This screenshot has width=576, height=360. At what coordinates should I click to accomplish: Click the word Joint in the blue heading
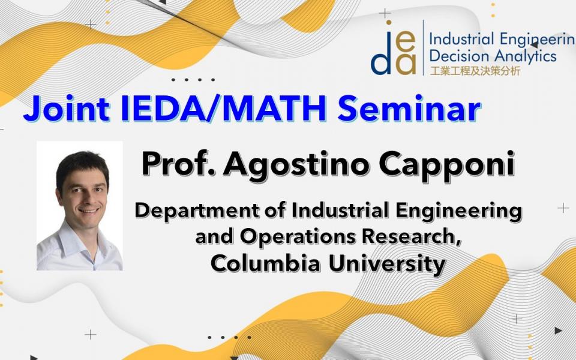[67, 109]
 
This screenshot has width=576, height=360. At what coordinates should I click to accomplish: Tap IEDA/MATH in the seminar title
[223, 109]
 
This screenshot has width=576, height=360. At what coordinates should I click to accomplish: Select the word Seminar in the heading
[409, 109]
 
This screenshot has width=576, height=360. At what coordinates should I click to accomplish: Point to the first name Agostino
[297, 166]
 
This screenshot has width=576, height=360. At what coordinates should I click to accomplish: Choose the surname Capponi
[446, 166]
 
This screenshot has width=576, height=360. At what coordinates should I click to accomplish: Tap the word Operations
[298, 238]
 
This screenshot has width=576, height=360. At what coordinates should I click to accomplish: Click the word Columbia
[265, 263]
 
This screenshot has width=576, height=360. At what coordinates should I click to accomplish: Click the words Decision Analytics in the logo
[493, 56]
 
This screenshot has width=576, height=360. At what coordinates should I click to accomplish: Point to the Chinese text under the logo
[475, 71]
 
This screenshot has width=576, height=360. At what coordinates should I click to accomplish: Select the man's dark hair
[82, 166]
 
